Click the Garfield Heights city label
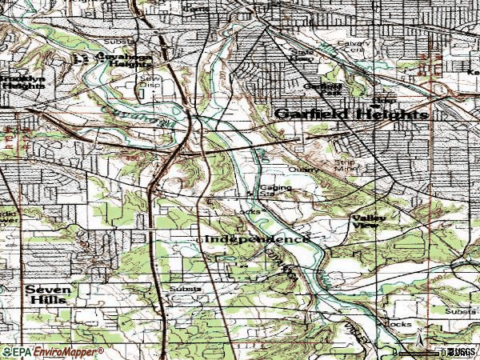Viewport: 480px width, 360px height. pos(350,114)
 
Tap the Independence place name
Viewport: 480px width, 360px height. pos(257,239)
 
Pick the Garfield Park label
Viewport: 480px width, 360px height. pos(322,89)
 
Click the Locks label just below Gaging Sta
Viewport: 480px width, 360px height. pos(249,210)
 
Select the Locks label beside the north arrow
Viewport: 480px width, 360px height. pos(398,324)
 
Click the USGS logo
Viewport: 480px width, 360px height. pos(462,352)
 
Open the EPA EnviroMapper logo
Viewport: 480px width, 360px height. pos(53,351)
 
